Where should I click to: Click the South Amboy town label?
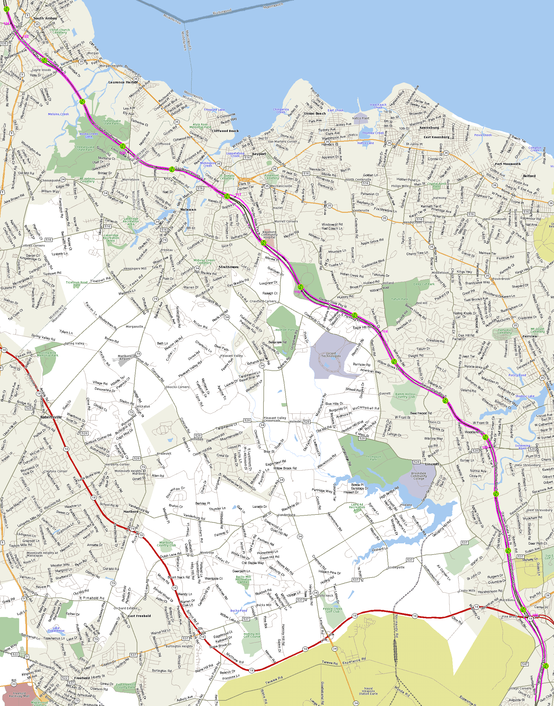[45, 19]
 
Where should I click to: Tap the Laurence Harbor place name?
[123, 83]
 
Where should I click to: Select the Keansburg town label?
[429, 128]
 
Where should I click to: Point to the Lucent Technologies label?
[331, 355]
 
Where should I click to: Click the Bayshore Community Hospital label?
[269, 235]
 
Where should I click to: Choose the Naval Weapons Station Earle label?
[368, 691]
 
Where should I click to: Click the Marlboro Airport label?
[125, 357]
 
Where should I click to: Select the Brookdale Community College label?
[418, 476]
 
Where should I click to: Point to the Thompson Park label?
[374, 458]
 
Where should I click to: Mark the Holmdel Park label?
[285, 330]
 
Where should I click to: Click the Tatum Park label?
[399, 299]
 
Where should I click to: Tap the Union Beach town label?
[315, 113]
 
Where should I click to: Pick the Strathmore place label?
[228, 267]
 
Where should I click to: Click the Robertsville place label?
[51, 417]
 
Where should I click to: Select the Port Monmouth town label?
[508, 164]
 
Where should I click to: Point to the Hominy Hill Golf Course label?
[252, 635]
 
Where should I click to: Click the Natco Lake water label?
[365, 143]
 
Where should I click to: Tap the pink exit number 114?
[385, 331]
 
